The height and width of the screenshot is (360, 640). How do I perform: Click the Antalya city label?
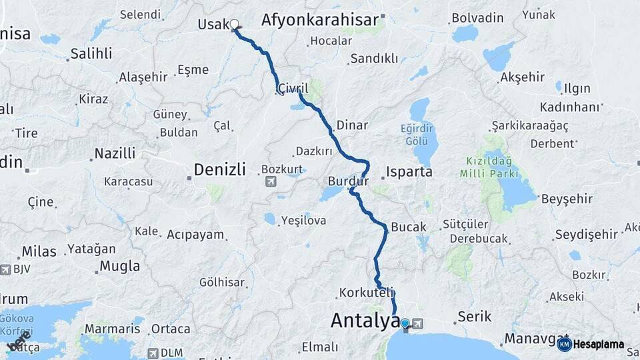[x=365, y=321]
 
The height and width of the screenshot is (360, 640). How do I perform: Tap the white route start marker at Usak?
[x=235, y=25]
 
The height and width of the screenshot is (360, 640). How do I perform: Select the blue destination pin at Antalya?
[x=405, y=324]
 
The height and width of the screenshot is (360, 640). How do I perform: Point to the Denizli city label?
[x=220, y=169]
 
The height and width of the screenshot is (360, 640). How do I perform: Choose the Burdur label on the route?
[x=348, y=181]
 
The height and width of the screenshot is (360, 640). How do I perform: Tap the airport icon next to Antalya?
[x=418, y=324]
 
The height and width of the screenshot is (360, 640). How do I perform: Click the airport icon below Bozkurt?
[x=271, y=181]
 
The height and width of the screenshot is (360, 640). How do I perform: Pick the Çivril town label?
[x=293, y=88]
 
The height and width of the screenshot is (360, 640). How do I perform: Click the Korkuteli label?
[x=367, y=293]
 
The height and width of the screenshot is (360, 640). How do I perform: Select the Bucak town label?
[x=408, y=227]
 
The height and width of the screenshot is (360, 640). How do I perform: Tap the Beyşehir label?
[x=567, y=199]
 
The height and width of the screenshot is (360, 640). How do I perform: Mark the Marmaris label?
[x=113, y=329]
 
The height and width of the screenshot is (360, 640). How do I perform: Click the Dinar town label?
[x=352, y=125]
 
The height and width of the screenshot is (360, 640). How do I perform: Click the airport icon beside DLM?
[x=153, y=353]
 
